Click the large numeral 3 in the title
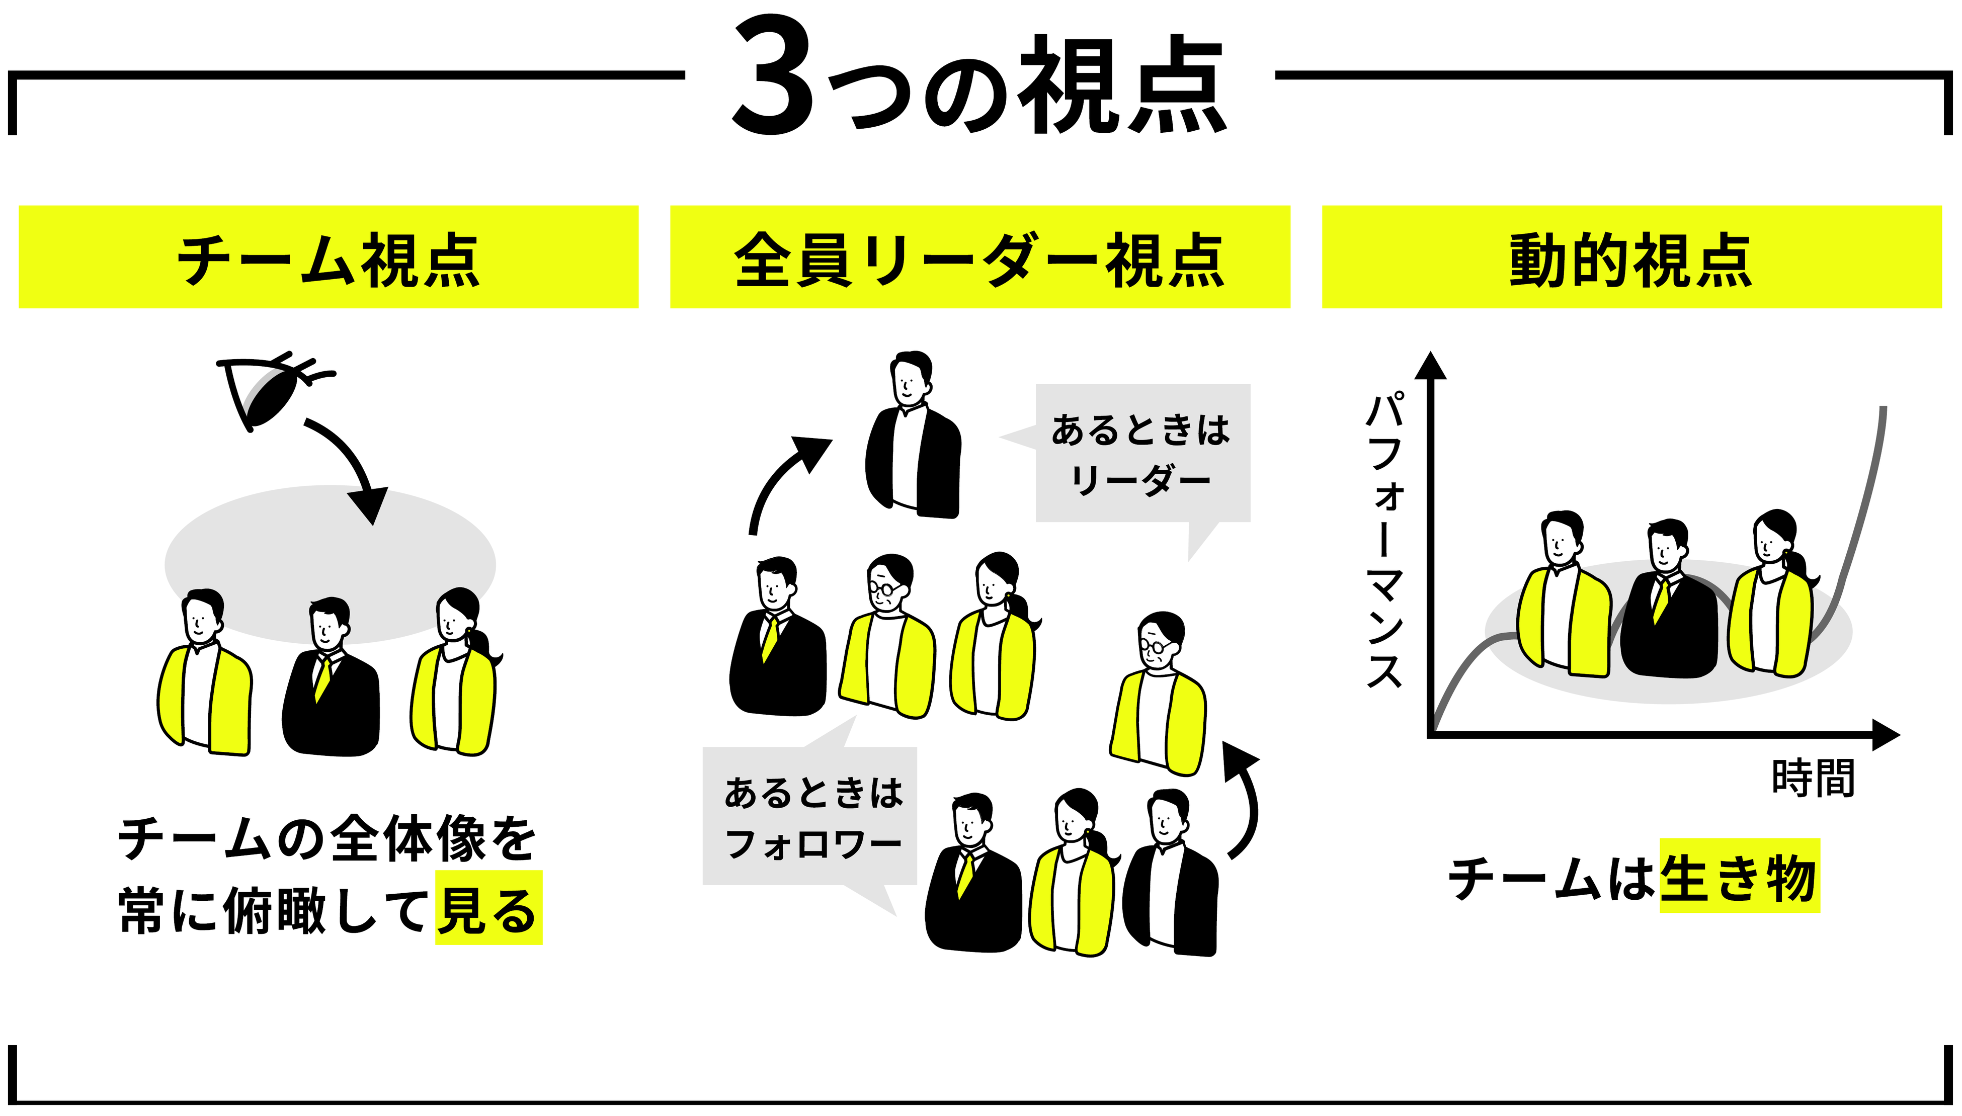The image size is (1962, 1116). [x=773, y=76]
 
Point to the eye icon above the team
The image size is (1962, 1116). [x=268, y=391]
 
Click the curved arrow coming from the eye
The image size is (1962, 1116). [x=353, y=468]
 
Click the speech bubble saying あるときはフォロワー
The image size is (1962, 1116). [x=810, y=816]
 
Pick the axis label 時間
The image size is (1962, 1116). [x=1813, y=778]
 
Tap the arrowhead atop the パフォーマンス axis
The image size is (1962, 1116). [x=1430, y=366]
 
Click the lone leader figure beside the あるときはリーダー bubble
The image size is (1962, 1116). [x=913, y=445]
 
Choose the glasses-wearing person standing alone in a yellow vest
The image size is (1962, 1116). [x=1158, y=698]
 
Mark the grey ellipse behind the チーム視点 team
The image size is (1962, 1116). [x=330, y=537]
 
